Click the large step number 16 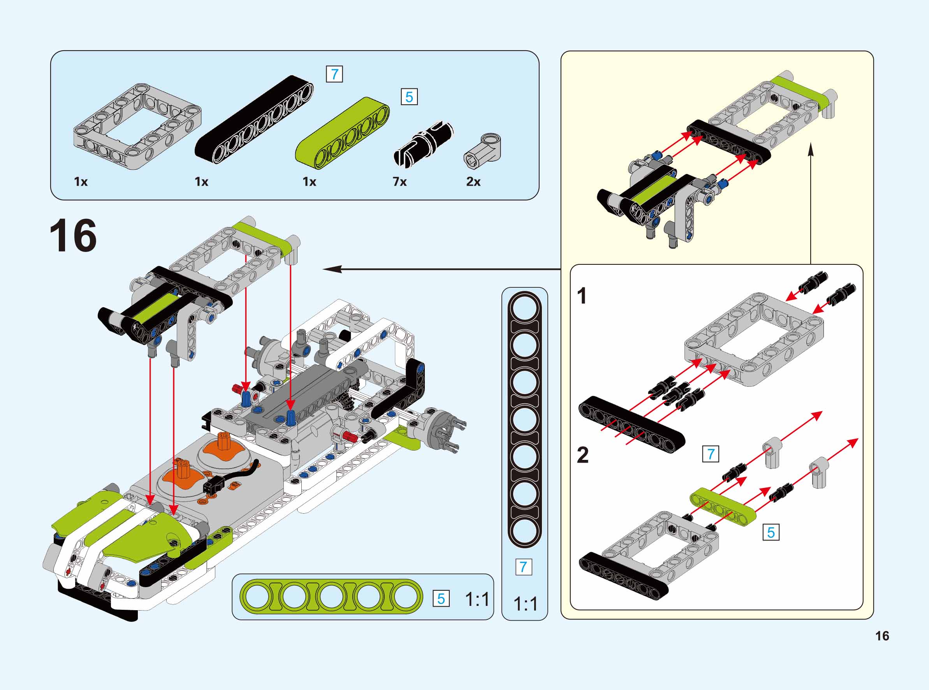[x=73, y=236]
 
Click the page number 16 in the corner [x=882, y=636]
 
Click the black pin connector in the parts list [x=423, y=144]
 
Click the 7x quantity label [x=399, y=182]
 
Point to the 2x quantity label [x=473, y=182]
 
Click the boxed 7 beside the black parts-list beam [x=334, y=74]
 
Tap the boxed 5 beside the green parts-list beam [x=409, y=97]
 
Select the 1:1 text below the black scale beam [x=525, y=604]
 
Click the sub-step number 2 [x=582, y=455]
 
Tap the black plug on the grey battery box [x=213, y=486]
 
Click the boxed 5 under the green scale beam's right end [x=441, y=599]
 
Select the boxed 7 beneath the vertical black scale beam [x=524, y=567]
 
